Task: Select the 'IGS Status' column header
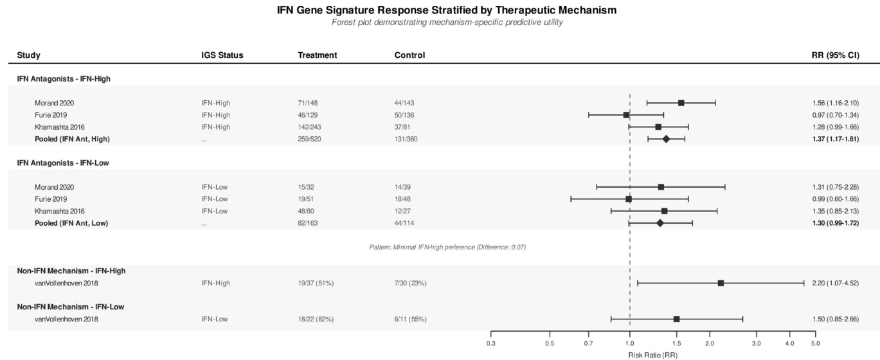pos(222,55)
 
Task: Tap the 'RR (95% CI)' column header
pos(836,55)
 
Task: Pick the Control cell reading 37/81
pos(404,127)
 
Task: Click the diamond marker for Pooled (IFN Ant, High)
pos(666,139)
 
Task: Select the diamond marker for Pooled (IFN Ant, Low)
pos(660,223)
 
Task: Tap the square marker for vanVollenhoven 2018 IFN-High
pos(721,283)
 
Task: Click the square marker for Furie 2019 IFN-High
pos(627,115)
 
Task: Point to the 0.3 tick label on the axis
pos(491,344)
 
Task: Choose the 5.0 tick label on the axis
pos(815,344)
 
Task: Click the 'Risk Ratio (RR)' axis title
pos(652,354)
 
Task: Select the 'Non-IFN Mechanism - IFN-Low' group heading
pos(71,307)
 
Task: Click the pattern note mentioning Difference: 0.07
pos(447,247)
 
